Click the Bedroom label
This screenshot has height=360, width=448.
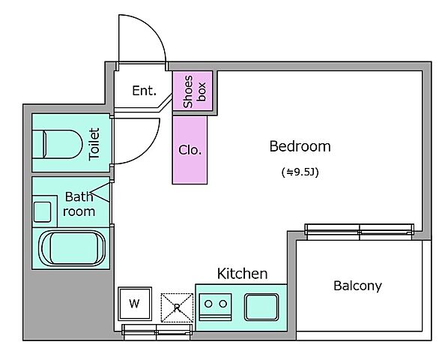click(x=300, y=146)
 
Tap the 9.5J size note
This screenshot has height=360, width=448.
click(x=300, y=172)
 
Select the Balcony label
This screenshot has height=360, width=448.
click(x=357, y=286)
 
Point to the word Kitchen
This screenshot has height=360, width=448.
click(x=242, y=274)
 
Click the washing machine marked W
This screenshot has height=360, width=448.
click(x=135, y=304)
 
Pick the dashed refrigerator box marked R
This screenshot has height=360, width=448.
click(x=177, y=307)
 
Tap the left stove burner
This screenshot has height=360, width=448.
click(x=208, y=304)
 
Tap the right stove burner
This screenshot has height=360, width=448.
click(x=223, y=304)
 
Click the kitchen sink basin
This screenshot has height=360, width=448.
click(x=261, y=307)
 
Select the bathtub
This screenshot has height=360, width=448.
click(x=72, y=248)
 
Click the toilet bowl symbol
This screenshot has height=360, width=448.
click(x=58, y=144)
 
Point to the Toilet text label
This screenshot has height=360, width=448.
click(x=94, y=144)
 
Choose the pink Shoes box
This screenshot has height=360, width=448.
click(x=193, y=91)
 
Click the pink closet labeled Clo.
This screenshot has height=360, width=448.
click(x=190, y=150)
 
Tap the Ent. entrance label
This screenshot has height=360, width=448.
click(x=145, y=91)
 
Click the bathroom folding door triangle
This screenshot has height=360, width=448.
click(x=100, y=193)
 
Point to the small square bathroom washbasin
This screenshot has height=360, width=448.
click(x=43, y=212)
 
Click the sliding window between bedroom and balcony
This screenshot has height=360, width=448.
click(x=359, y=232)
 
